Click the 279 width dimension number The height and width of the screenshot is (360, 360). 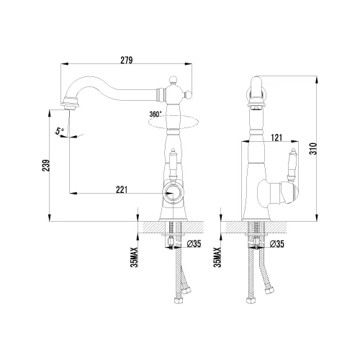pos(127,60)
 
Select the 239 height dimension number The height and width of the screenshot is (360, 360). pos(45,165)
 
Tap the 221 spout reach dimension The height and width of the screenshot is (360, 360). pos(122,189)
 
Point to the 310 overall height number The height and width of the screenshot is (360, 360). pos(314,148)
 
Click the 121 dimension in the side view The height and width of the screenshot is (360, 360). pos(276,138)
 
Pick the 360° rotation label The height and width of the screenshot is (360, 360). pos(156,114)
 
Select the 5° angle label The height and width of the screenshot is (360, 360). pos(60,131)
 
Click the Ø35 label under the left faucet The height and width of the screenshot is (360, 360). pos(194,244)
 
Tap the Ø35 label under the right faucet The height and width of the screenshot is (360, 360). pos(276,244)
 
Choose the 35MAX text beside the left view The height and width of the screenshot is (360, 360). pos(135,258)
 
